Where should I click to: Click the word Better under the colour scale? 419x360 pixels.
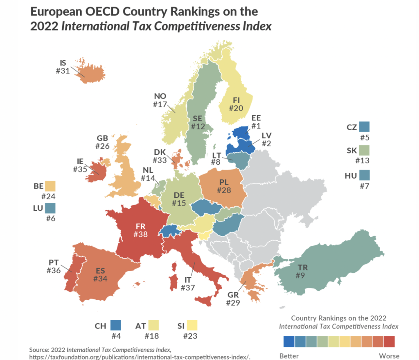(289, 355)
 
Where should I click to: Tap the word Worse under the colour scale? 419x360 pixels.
(389, 355)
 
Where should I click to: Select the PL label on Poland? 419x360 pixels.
(223, 182)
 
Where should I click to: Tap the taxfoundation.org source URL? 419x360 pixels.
(140, 357)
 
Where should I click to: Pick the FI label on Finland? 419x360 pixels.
(236, 100)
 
